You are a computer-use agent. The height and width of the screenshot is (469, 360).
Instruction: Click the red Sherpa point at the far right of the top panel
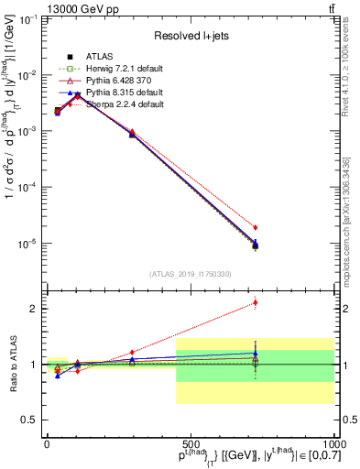pyautogui.click(x=256, y=227)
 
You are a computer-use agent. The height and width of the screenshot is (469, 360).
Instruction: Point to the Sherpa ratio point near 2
pyautogui.click(x=256, y=302)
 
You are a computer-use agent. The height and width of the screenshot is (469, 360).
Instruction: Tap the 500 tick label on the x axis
pyautogui.click(x=191, y=443)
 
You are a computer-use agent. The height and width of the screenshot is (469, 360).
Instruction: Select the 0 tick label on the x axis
pyautogui.click(x=47, y=443)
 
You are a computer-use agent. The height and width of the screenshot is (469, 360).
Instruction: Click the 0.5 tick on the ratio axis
pyautogui.click(x=29, y=420)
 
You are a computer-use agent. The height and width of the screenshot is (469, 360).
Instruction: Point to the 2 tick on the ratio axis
pyautogui.click(x=34, y=309)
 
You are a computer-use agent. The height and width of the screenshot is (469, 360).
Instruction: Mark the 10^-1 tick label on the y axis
pyautogui.click(x=27, y=18)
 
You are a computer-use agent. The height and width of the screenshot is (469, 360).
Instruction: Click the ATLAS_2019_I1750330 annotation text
pyautogui.click(x=190, y=274)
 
